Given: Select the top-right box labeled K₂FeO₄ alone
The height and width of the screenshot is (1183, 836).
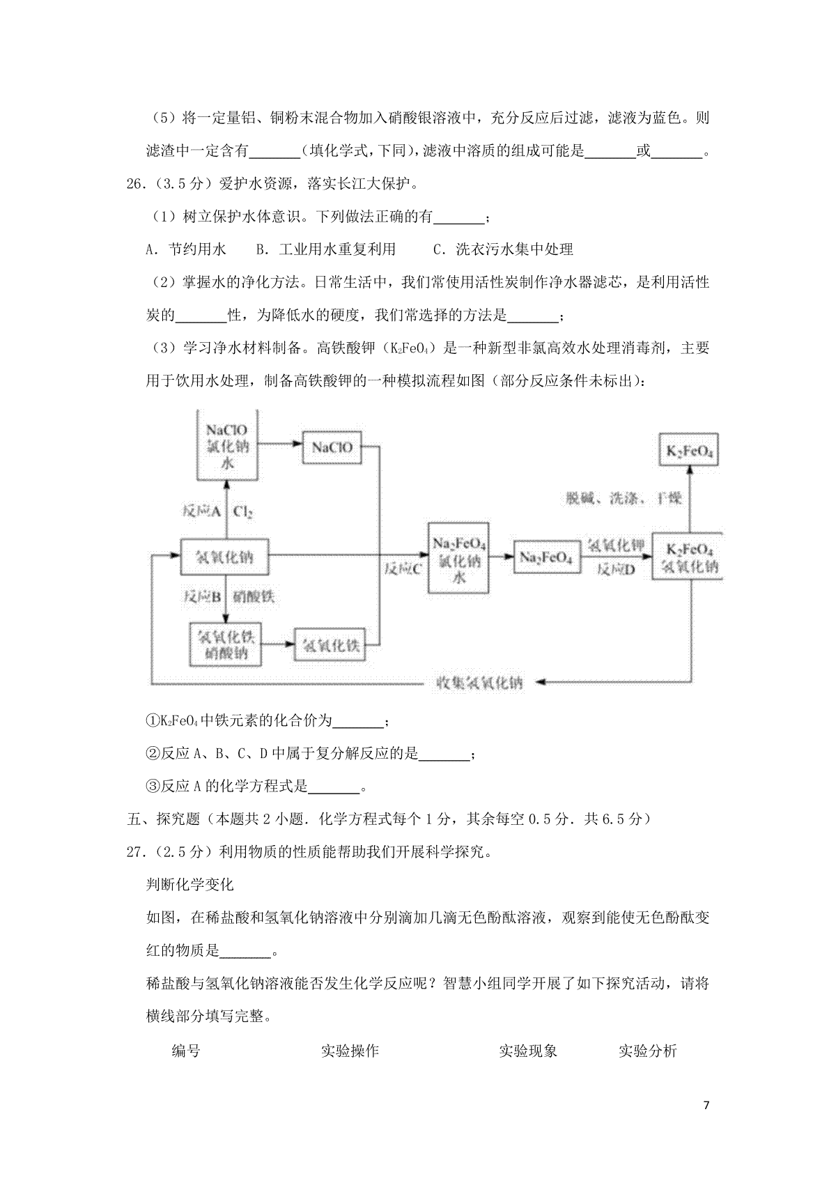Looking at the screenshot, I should click(x=689, y=452).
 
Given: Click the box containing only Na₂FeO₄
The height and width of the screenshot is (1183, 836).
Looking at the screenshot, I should click(x=547, y=557).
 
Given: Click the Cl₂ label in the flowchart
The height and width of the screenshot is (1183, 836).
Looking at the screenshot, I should click(x=243, y=512).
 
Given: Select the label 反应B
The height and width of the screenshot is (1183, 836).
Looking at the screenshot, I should click(x=202, y=596).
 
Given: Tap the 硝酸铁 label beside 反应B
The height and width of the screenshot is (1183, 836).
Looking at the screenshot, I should click(x=254, y=596).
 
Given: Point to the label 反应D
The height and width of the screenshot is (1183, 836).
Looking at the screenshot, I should click(x=616, y=569).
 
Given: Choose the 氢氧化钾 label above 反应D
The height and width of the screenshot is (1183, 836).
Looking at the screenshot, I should click(x=616, y=546).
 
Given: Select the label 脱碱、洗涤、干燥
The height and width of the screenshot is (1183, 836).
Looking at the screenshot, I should click(x=624, y=498).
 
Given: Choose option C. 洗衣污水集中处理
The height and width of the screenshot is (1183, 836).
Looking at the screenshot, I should click(x=503, y=249).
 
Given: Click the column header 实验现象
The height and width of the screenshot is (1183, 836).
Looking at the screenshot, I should click(x=527, y=1051).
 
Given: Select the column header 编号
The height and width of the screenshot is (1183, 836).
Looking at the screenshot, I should click(x=186, y=1051).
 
